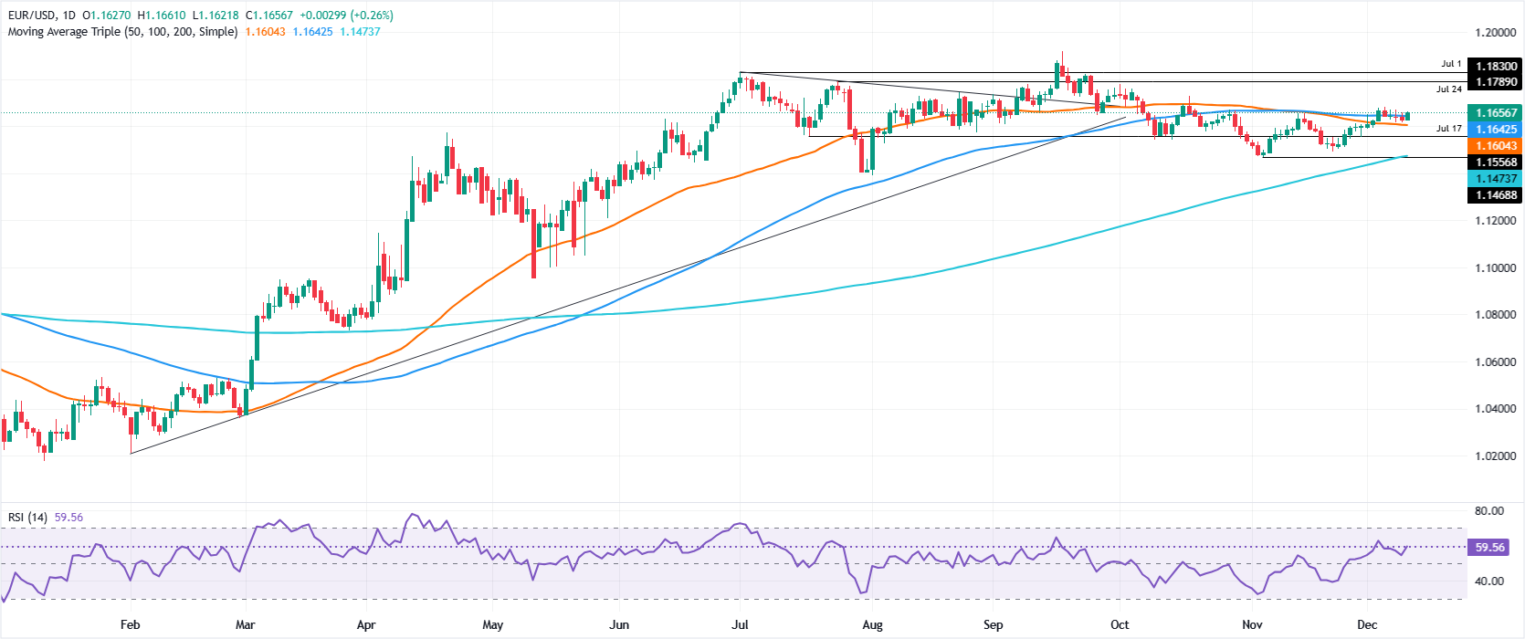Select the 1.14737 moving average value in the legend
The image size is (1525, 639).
pyautogui.click(x=360, y=32)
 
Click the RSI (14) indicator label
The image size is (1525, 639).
pyautogui.click(x=27, y=518)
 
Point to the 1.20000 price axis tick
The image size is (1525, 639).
pyautogui.click(x=1495, y=33)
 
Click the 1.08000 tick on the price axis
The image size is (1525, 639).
pyautogui.click(x=1495, y=315)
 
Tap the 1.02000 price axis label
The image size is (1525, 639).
pyautogui.click(x=1495, y=456)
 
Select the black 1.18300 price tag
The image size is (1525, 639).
pyautogui.click(x=1495, y=66)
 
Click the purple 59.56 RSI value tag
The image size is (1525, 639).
pyautogui.click(x=1489, y=548)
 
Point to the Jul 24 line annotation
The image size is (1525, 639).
pyautogui.click(x=1448, y=89)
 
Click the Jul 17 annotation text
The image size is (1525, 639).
pyautogui.click(x=1448, y=129)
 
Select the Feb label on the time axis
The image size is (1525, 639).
pyautogui.click(x=130, y=625)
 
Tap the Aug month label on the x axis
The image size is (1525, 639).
pyautogui.click(x=872, y=625)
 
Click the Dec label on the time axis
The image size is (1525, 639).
pyautogui.click(x=1366, y=625)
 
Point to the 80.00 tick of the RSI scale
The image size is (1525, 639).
pyautogui.click(x=1489, y=511)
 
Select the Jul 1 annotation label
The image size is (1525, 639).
pyautogui.click(x=1451, y=65)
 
